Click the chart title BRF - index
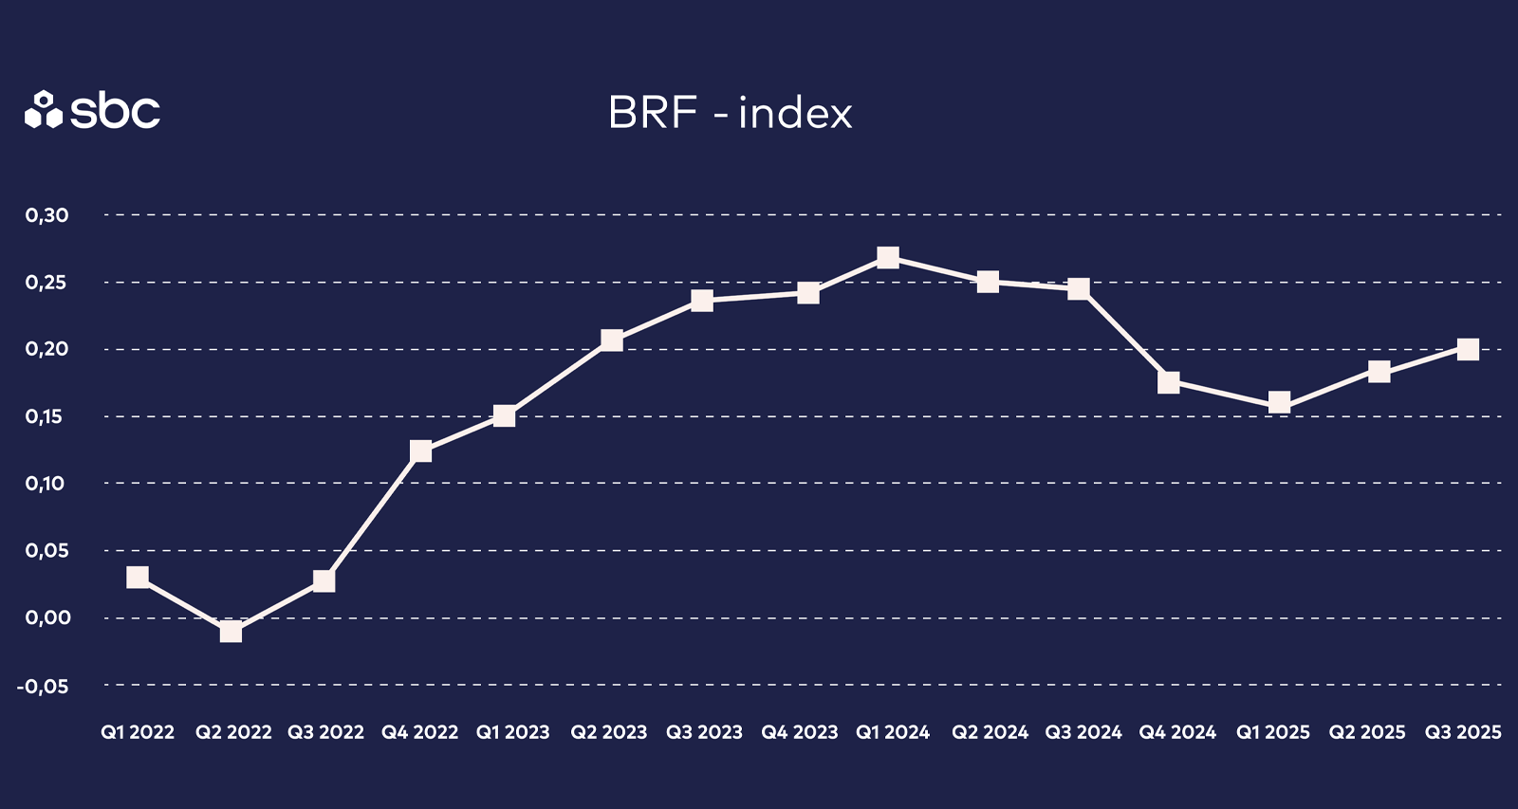click(x=730, y=113)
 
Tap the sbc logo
click(x=92, y=111)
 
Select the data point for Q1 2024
click(x=888, y=257)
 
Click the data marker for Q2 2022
click(x=231, y=631)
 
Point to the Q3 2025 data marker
click(x=1468, y=349)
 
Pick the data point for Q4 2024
click(x=1169, y=382)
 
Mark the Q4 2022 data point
click(x=420, y=450)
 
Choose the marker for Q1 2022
click(x=138, y=577)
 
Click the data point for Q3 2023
click(x=702, y=301)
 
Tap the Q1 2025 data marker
click(x=1279, y=403)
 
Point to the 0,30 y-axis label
click(x=47, y=215)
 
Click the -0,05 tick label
click(x=43, y=686)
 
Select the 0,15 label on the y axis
click(x=47, y=416)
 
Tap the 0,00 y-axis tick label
click(x=47, y=617)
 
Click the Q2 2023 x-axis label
click(x=608, y=732)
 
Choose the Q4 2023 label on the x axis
click(x=799, y=732)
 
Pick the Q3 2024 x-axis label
click(x=1083, y=732)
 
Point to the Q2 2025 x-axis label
click(x=1367, y=732)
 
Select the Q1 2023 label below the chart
click(x=512, y=732)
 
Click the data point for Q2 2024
click(x=988, y=282)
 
